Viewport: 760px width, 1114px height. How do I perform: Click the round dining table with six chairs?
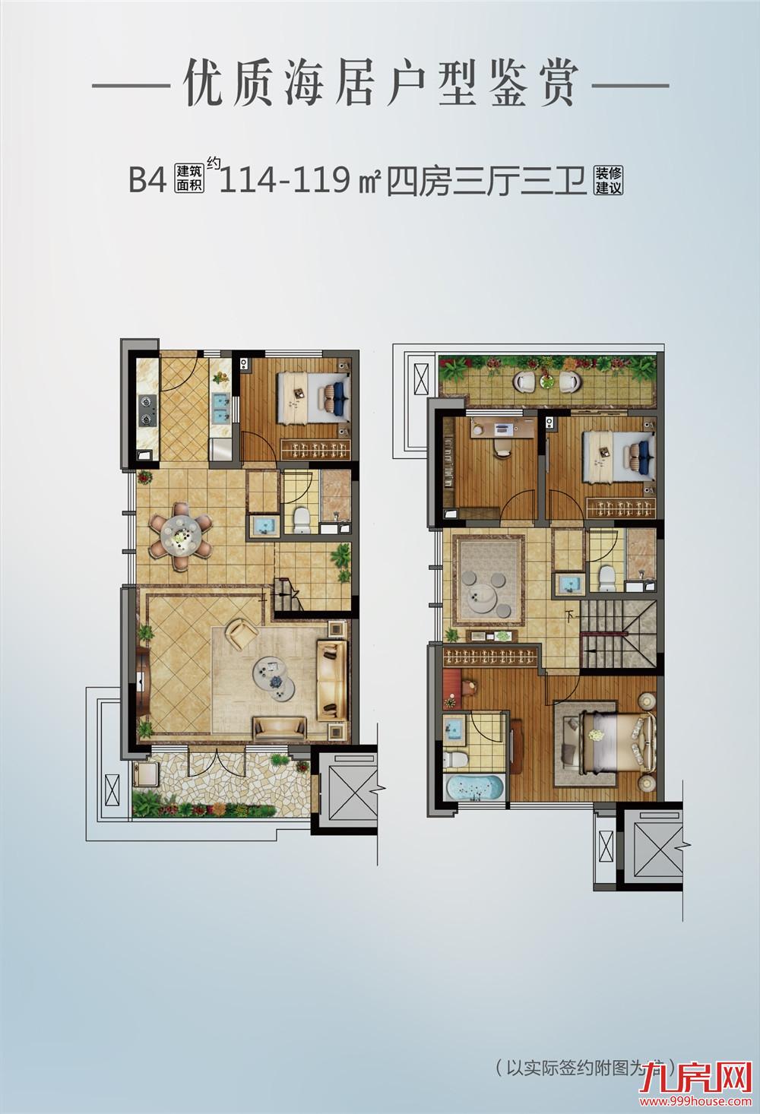pos(181,536)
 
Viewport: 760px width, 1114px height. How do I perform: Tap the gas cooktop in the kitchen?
pos(147,410)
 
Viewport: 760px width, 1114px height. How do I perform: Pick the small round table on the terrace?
pos(547,381)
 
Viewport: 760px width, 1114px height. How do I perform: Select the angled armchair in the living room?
pos(242,633)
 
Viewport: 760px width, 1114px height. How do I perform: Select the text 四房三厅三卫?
pos(487,181)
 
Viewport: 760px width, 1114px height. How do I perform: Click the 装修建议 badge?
pos(608,181)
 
